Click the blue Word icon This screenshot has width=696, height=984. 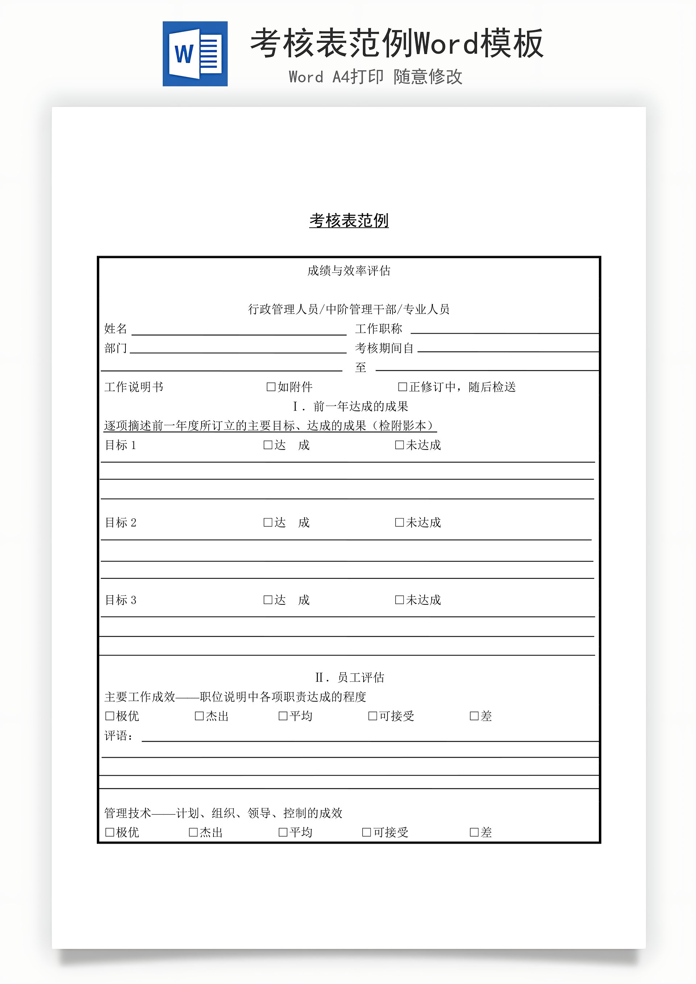point(195,54)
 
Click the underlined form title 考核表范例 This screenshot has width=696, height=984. point(349,221)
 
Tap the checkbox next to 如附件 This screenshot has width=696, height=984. point(271,387)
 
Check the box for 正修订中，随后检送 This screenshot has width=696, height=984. point(402,387)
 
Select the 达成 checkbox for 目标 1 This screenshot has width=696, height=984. point(268,445)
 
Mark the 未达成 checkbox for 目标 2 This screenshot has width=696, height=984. point(399,522)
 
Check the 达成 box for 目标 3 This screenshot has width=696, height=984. point(268,600)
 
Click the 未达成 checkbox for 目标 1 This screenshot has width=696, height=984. point(399,445)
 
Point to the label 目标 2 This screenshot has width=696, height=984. point(120,523)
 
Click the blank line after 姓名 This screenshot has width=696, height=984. point(239,330)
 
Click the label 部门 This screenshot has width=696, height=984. point(116,348)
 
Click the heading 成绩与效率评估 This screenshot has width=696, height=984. point(349,271)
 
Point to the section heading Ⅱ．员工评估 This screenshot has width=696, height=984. point(350,678)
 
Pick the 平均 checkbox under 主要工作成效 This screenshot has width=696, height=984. point(283,716)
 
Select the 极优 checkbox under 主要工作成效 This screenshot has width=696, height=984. point(110,716)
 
